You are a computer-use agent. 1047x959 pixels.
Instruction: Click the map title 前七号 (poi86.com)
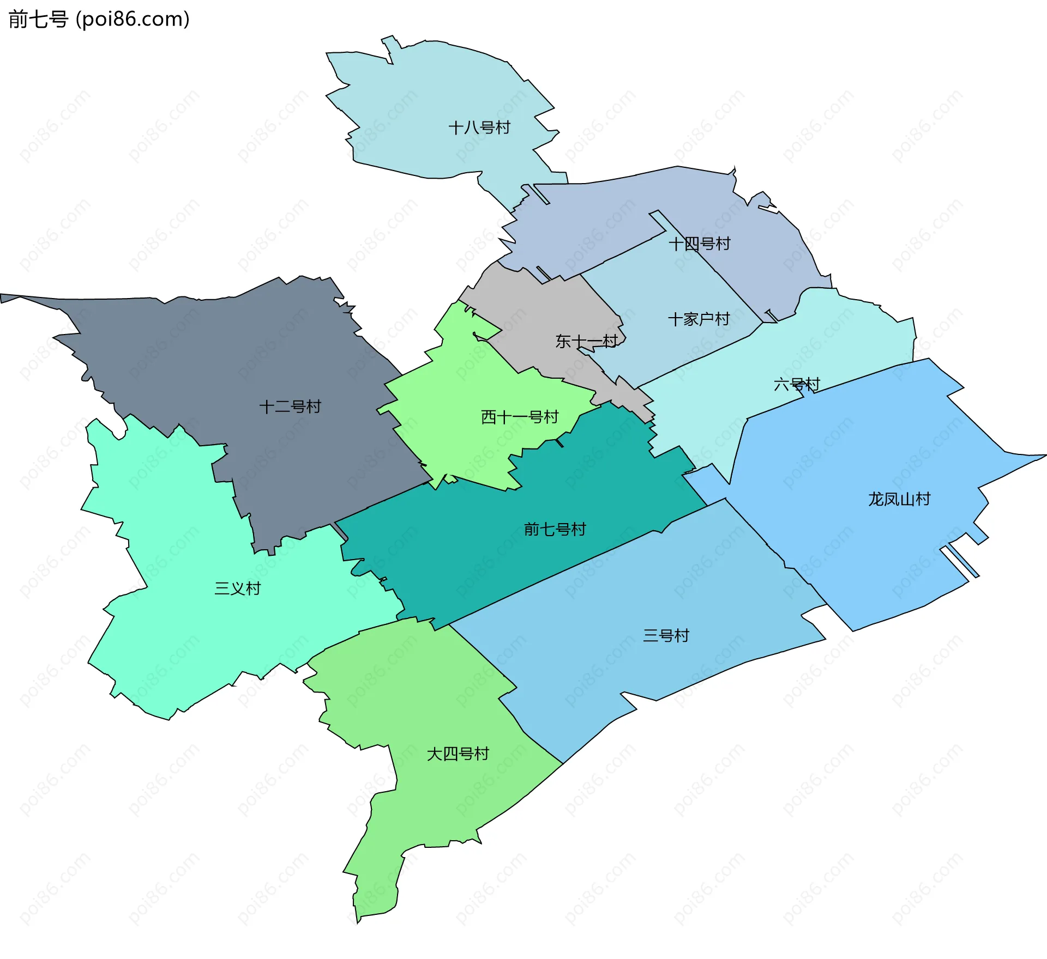[99, 19]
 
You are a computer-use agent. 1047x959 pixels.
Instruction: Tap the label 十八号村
[479, 128]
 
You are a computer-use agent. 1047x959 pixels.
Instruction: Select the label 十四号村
[699, 244]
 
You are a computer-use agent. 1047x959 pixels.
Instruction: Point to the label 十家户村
[699, 319]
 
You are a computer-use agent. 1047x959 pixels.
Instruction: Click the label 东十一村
[586, 341]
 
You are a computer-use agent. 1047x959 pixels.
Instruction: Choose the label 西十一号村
[520, 417]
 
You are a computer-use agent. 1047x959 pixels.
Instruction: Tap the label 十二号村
[290, 406]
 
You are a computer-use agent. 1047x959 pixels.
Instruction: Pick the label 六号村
[797, 385]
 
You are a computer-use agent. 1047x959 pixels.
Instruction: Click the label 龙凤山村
[899, 499]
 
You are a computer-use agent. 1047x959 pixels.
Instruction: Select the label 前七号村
[555, 529]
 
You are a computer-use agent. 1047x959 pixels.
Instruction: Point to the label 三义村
[238, 588]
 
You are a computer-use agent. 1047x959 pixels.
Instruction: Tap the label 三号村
[666, 635]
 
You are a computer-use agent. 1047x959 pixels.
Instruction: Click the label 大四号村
[458, 754]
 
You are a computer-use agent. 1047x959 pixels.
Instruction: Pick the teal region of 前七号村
[491, 561]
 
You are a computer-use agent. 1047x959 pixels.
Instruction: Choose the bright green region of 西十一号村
[464, 381]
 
